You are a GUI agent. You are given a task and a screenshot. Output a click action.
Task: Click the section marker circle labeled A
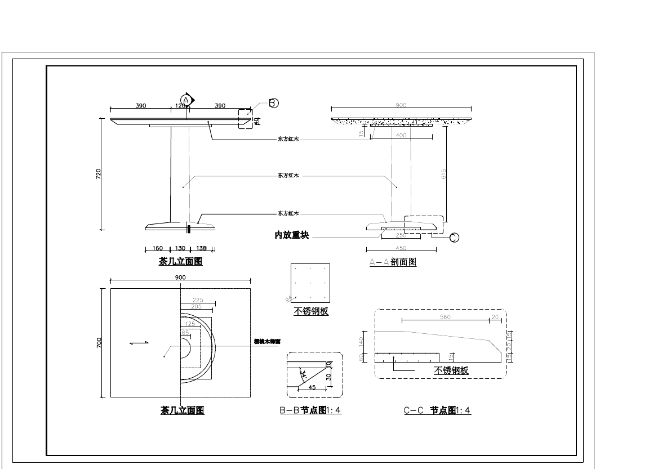pyautogui.click(x=185, y=100)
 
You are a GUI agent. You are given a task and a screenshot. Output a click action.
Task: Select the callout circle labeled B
pyautogui.click(x=273, y=103)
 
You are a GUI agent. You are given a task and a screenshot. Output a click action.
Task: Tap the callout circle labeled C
pyautogui.click(x=454, y=238)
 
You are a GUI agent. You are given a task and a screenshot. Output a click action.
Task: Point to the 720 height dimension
pyautogui.click(x=99, y=174)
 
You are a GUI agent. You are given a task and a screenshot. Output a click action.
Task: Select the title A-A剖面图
pyautogui.click(x=393, y=262)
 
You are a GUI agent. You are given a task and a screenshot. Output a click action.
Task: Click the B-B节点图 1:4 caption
pyautogui.click(x=310, y=410)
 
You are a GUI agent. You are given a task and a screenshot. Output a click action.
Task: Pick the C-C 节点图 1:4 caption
pyautogui.click(x=437, y=410)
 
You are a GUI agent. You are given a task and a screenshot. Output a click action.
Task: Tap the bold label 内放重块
pyautogui.click(x=291, y=235)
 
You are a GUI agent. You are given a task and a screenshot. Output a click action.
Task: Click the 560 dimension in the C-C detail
pyautogui.click(x=445, y=318)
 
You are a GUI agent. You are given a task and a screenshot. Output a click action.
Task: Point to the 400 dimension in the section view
pyautogui.click(x=401, y=136)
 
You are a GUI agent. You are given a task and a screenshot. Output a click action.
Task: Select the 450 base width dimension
pyautogui.click(x=401, y=248)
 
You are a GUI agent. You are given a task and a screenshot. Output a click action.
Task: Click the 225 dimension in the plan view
pyautogui.click(x=198, y=300)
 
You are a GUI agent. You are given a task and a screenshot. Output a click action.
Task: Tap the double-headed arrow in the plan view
pyautogui.click(x=139, y=342)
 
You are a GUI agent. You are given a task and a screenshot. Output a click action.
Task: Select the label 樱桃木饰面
pyautogui.click(x=267, y=342)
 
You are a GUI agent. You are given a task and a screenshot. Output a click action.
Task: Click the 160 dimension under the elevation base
pyautogui.click(x=157, y=248)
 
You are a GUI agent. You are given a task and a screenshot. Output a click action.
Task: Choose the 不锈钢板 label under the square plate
pyautogui.click(x=310, y=311)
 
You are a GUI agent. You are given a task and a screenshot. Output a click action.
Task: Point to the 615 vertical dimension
pyautogui.click(x=444, y=174)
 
